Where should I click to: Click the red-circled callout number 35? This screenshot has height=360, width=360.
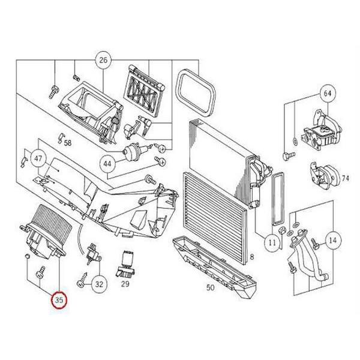click(x=59, y=300)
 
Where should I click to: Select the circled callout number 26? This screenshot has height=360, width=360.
click(x=103, y=60)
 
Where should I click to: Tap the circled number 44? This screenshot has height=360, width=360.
click(x=107, y=164)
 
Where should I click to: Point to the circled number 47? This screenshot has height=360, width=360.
click(x=38, y=158)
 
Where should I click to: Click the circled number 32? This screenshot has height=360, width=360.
click(x=99, y=284)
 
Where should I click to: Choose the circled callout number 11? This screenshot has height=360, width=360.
click(x=272, y=242)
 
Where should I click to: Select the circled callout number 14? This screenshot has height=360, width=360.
click(x=332, y=241)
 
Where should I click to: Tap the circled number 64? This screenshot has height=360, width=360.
click(x=328, y=94)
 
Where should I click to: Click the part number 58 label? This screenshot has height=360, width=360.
click(x=67, y=143)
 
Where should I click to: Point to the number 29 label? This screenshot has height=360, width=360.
click(x=125, y=284)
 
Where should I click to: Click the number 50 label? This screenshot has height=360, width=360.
click(x=210, y=287)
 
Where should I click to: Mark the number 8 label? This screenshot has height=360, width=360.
click(x=252, y=257)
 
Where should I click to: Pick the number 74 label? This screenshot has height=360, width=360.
click(x=346, y=178)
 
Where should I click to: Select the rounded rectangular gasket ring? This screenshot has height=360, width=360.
click(x=196, y=92)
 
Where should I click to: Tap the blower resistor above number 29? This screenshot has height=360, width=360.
click(x=126, y=264)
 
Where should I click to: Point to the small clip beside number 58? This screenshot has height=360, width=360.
click(x=60, y=138)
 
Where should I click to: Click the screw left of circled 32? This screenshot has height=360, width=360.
click(x=82, y=280)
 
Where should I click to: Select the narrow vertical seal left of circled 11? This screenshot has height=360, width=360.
click(x=278, y=199)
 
